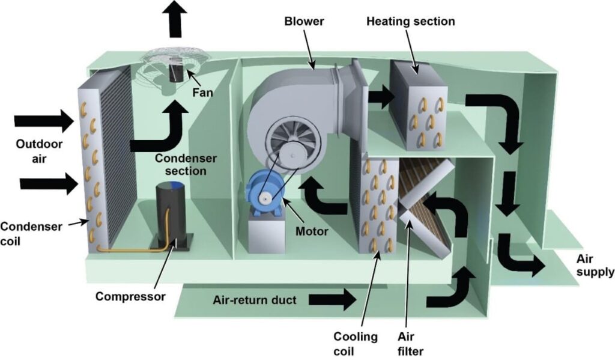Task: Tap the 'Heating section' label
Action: pos(411,22)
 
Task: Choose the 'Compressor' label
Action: pos(130,296)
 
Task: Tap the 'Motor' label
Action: pos(313,230)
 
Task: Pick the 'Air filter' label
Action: pos(410,343)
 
